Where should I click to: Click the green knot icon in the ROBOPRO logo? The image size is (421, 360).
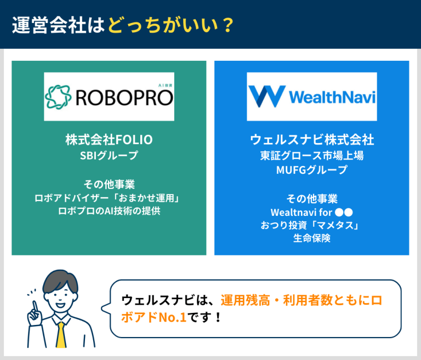click(x=58, y=97)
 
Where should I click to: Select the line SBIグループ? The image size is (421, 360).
click(x=109, y=156)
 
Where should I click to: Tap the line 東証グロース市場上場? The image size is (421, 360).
click(x=311, y=156)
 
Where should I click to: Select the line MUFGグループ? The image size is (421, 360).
click(x=311, y=170)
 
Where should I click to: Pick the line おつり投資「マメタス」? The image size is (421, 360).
click(x=311, y=225)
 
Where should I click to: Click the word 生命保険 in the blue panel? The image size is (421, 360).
click(x=311, y=239)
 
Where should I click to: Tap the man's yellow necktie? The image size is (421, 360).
click(x=61, y=335)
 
